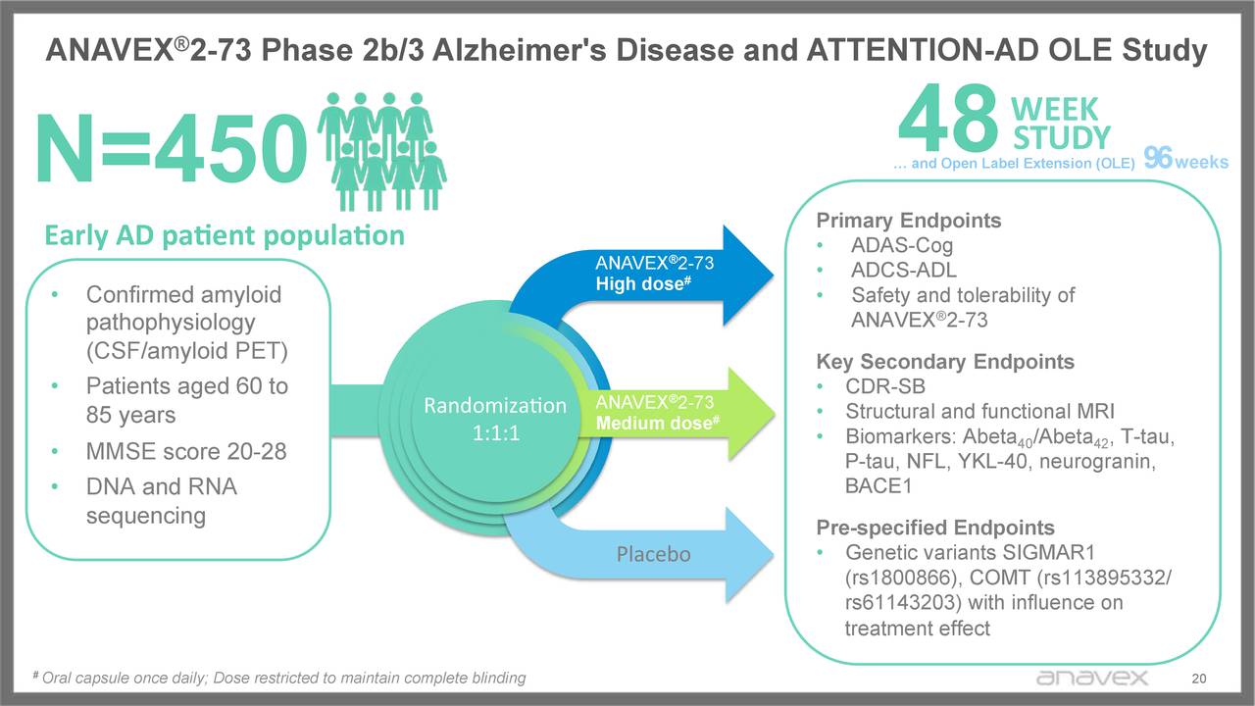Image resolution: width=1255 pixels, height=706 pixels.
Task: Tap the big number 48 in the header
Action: pyautogui.click(x=947, y=122)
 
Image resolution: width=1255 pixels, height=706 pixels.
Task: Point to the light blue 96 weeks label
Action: pyautogui.click(x=1185, y=162)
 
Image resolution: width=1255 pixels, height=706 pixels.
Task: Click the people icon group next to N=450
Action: pyautogui.click(x=378, y=151)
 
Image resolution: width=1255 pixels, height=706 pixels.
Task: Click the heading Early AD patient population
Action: pyautogui.click(x=224, y=235)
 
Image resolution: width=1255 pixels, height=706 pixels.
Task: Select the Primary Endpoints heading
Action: pyautogui.click(x=909, y=220)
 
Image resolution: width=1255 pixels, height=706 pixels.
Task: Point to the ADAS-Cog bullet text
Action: pyautogui.click(x=901, y=245)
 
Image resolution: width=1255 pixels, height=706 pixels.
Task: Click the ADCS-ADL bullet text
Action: pyautogui.click(x=903, y=270)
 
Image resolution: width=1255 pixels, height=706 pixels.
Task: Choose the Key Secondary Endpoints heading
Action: pyautogui.click(x=945, y=361)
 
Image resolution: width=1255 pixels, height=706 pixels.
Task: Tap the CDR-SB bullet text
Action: pyautogui.click(x=885, y=386)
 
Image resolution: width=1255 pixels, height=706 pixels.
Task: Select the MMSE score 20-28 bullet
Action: pyautogui.click(x=186, y=452)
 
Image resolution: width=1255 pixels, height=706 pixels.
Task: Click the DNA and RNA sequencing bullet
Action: pyautogui.click(x=162, y=501)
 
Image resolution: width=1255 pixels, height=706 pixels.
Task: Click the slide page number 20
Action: pyautogui.click(x=1196, y=679)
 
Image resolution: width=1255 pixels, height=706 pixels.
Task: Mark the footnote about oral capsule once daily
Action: pyautogui.click(x=279, y=678)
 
